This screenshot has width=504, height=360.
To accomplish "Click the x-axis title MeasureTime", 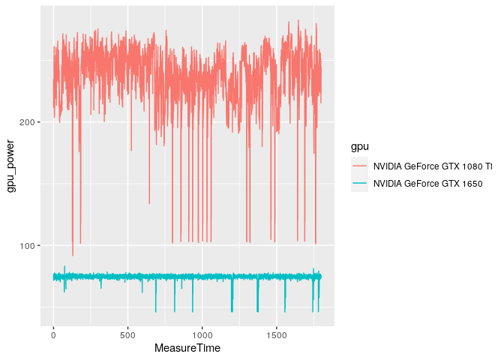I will [x=187, y=349].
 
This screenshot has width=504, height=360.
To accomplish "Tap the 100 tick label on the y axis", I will [x=30, y=246].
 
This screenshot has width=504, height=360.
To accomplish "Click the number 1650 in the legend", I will [x=470, y=183].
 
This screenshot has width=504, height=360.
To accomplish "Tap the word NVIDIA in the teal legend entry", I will [x=388, y=183].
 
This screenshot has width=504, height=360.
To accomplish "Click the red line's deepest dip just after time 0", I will [x=73, y=255].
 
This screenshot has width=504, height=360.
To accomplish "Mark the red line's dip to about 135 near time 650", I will [x=149, y=203].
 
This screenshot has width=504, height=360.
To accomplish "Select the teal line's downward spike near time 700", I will [x=156, y=310].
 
